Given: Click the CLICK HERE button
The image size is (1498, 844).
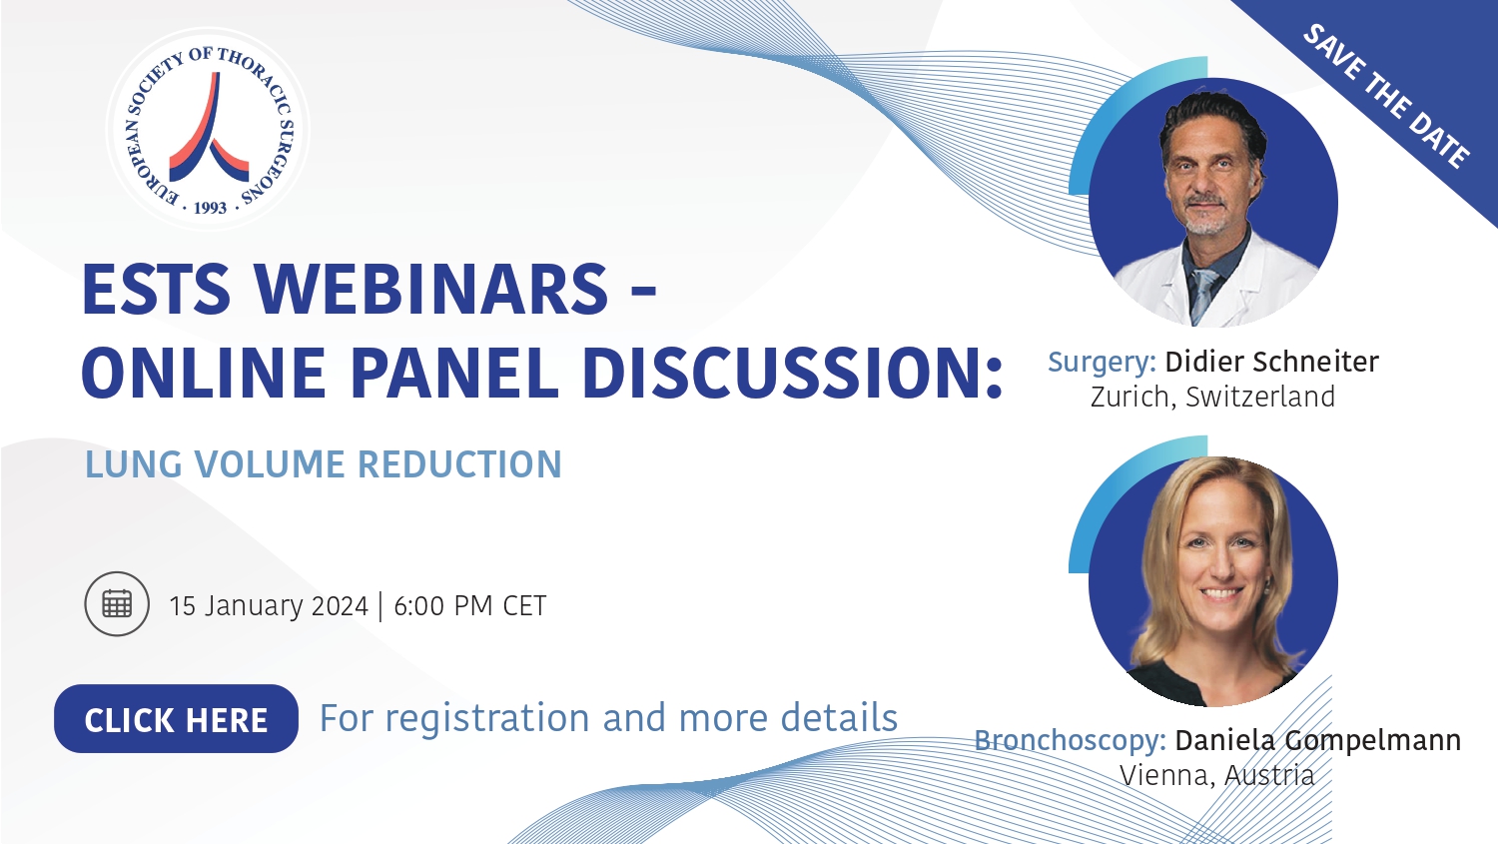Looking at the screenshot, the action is point(176,719).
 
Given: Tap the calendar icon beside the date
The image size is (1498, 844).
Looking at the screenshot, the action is point(117,604).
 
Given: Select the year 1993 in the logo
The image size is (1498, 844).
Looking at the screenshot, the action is point(210,208).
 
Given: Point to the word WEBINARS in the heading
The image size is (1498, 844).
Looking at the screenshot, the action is point(431,289).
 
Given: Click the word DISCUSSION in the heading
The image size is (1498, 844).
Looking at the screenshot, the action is point(783,373).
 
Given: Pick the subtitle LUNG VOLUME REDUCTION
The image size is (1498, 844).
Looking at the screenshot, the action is point(323,464).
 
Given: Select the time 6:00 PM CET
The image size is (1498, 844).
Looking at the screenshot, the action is point(469,606).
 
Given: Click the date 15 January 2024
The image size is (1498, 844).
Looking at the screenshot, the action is point(269,606).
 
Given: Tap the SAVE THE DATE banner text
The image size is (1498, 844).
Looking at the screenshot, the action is point(1387,95).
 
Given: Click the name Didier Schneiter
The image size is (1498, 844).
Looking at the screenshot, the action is point(1272,362).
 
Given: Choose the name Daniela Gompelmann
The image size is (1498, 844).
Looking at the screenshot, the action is point(1318,741).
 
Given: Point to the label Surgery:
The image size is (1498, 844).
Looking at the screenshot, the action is point(1102,363).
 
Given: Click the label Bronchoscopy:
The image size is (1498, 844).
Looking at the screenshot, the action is point(1070,741).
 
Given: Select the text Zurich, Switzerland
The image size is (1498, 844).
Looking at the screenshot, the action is point(1212,397).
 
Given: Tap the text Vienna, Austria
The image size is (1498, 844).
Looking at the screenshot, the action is point(1217,776).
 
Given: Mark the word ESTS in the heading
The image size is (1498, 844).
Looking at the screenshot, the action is point(157,289).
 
